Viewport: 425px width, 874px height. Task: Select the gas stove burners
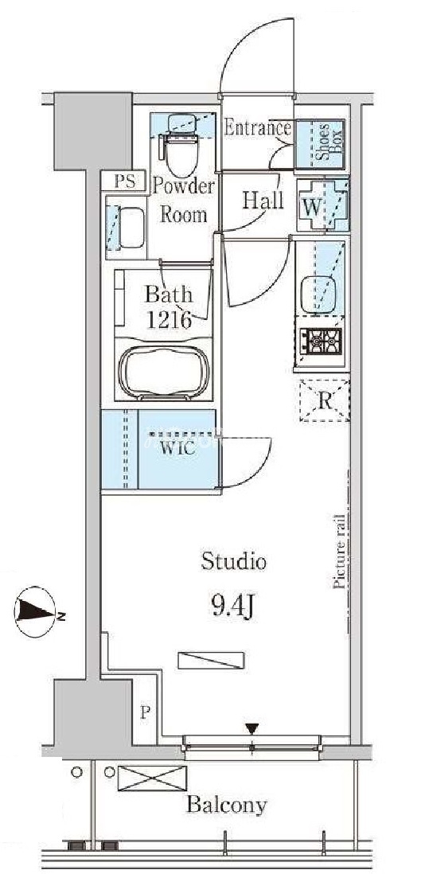click(x=321, y=339)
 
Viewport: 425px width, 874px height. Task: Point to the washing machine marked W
click(x=322, y=205)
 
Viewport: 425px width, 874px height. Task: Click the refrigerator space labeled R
click(x=325, y=400)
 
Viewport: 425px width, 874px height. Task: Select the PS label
click(x=124, y=181)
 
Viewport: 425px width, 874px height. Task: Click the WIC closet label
click(x=178, y=449)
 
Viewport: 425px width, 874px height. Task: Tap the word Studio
click(x=233, y=561)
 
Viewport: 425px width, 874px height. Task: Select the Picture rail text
click(x=339, y=552)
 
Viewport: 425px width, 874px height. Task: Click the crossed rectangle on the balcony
click(x=152, y=778)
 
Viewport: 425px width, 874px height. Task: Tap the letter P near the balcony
click(x=145, y=713)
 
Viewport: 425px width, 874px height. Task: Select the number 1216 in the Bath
click(x=170, y=320)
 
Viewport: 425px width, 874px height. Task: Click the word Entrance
click(x=257, y=128)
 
